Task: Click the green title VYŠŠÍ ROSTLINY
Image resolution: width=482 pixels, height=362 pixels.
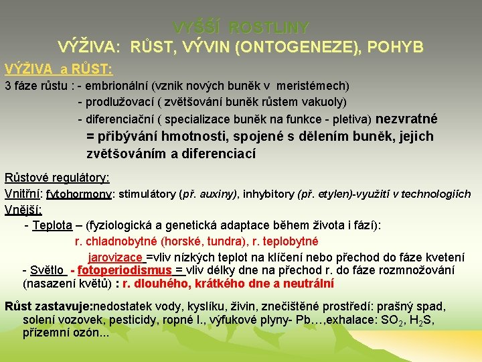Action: coord(241,27)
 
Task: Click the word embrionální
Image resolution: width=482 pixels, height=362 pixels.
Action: coord(118,86)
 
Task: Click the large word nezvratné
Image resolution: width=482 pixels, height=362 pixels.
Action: coord(407,119)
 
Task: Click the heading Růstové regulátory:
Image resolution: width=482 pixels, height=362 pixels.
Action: coord(57,178)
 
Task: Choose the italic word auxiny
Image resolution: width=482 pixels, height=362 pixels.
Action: coord(218,194)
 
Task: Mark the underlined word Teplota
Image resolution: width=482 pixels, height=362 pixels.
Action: coord(52,225)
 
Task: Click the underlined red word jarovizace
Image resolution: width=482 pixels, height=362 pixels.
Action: coord(115,257)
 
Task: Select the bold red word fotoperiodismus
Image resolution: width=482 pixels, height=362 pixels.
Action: coord(125,270)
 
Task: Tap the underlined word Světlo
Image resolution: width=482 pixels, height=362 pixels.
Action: coord(48,270)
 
